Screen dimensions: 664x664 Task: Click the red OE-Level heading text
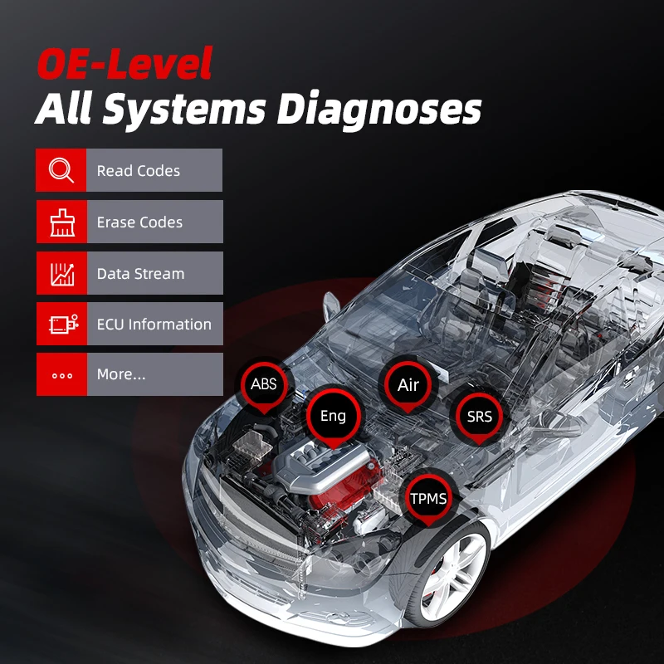coord(124,64)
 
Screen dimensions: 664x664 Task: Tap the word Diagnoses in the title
coord(379,110)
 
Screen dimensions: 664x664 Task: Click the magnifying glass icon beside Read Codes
coord(61,170)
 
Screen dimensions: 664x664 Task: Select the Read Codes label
coord(138,171)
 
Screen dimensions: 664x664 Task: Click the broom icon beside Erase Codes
coord(61,222)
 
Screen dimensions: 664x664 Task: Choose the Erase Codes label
coord(139,222)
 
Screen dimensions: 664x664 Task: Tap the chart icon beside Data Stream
coord(61,273)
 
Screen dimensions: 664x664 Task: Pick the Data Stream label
coord(140,274)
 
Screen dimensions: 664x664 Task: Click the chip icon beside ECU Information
coord(61,325)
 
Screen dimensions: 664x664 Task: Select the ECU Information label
coord(154,325)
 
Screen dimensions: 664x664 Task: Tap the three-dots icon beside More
coord(61,375)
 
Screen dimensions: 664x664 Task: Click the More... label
coord(121,374)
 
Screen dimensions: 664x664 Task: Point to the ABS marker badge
coord(263,384)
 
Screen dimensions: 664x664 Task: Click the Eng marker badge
coord(333,416)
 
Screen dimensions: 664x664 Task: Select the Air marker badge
coord(408,385)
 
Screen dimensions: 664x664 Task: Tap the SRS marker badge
coord(479,416)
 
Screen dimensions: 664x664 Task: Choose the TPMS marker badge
coord(428,499)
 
